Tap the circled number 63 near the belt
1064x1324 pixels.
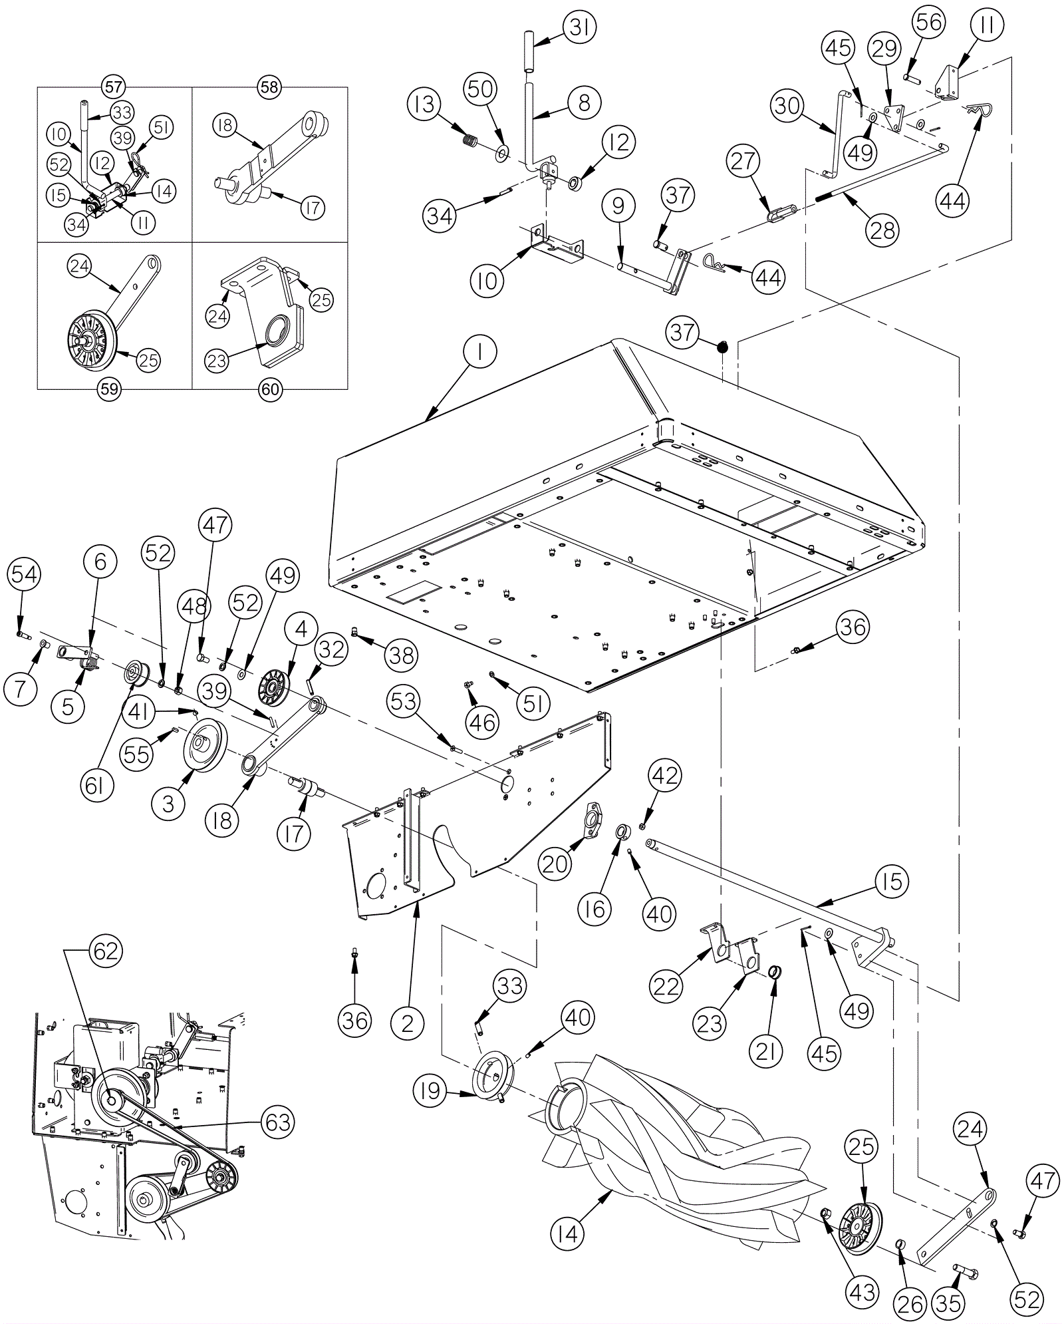(277, 1122)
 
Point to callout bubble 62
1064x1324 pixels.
(105, 951)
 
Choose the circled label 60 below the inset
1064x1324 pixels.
(271, 389)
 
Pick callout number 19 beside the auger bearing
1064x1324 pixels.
(430, 1092)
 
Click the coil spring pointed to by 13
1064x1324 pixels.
(470, 141)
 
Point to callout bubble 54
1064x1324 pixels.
(24, 574)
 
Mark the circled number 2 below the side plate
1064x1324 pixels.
(407, 1023)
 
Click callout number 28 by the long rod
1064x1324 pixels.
(882, 230)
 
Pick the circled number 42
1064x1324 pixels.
(666, 776)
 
